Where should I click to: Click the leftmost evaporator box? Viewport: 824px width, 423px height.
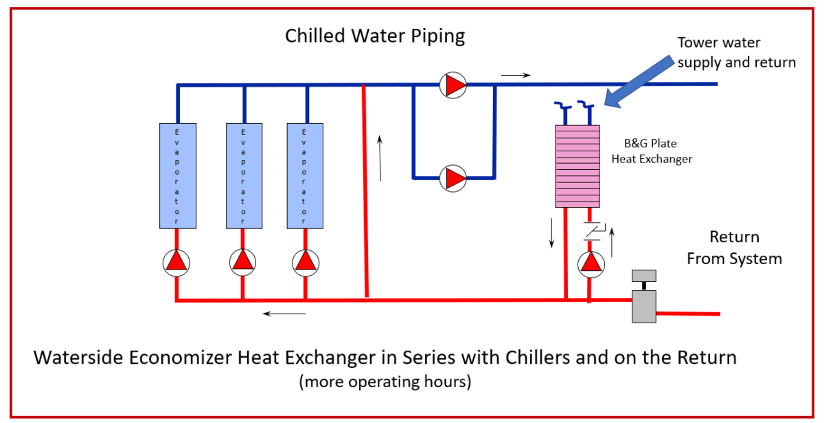(178, 175)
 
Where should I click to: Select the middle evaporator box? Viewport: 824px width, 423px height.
(244, 175)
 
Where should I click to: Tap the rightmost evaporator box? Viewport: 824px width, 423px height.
(305, 175)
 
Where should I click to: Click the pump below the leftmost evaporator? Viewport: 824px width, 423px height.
(177, 261)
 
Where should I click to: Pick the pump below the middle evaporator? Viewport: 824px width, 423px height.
(242, 261)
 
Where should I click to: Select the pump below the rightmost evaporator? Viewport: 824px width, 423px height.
(305, 261)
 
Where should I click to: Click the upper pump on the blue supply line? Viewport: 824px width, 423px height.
(453, 85)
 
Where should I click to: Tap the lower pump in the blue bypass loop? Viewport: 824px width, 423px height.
(453, 178)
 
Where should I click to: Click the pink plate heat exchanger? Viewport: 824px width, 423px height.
(577, 166)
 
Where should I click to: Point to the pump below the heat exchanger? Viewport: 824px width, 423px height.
(589, 264)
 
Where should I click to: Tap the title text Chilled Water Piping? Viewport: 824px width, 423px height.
(375, 36)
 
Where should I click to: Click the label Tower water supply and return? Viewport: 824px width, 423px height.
(736, 52)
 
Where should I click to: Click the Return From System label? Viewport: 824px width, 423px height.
(734, 248)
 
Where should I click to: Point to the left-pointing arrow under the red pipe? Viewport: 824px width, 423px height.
(284, 314)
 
